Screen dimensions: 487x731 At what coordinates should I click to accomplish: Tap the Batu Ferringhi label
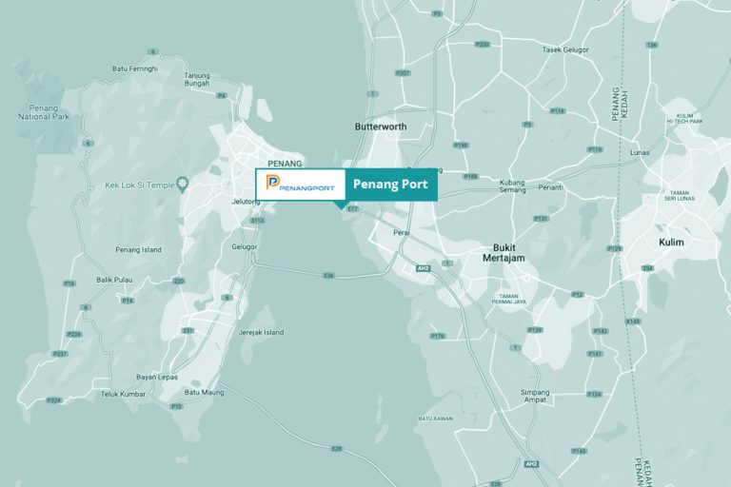coord(134,68)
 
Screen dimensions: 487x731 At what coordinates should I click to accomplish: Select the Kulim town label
coord(671,243)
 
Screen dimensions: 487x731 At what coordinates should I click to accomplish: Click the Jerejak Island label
coord(261,332)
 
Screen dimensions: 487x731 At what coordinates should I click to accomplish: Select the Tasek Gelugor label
coord(565,49)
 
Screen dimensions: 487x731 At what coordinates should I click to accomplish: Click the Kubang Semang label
coord(512,185)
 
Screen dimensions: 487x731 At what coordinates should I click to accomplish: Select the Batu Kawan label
coord(434,418)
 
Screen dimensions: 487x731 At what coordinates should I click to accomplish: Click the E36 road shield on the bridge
coord(328,276)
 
